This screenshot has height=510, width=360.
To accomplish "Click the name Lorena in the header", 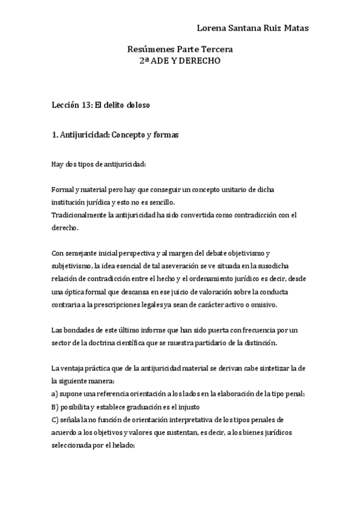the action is click(211, 28).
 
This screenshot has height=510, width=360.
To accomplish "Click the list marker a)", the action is click(55, 394).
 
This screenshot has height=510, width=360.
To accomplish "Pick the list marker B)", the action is click(55, 407).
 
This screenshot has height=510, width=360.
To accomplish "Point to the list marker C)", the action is click(55, 419).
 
